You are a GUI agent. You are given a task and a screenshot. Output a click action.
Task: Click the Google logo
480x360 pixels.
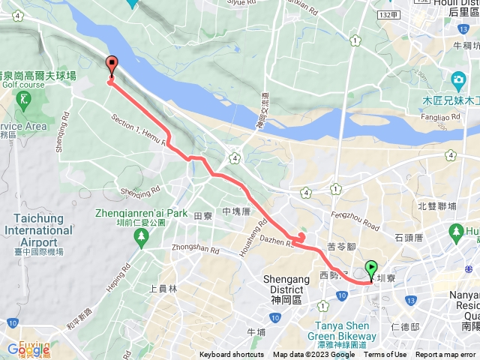28,349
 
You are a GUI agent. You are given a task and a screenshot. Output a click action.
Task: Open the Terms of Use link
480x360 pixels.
385,355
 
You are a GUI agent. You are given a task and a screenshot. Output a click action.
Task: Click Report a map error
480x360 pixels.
445,355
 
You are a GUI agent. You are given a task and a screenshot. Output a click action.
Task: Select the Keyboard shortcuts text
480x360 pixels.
231,355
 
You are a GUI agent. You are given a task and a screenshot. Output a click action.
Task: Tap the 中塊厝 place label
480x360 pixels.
236,212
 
